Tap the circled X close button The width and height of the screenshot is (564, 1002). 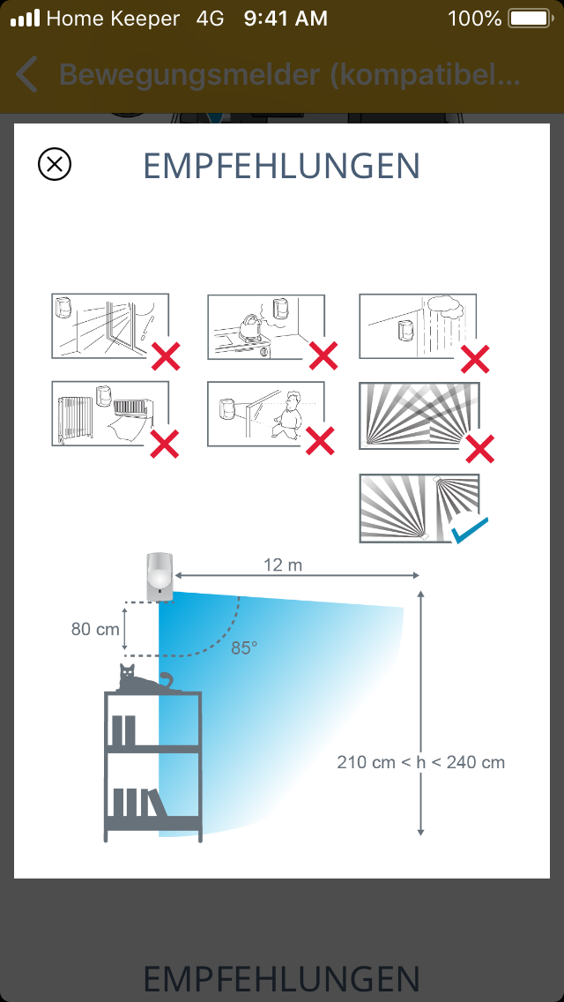coord(55,164)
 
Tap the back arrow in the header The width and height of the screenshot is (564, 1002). coord(26,74)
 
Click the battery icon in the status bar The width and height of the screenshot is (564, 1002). coord(531,18)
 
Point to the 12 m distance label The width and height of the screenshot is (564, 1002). coord(282,565)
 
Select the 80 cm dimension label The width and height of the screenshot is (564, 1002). coord(95,629)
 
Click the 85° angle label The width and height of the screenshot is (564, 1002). coord(244,648)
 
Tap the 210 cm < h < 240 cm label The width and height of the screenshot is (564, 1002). coord(421,762)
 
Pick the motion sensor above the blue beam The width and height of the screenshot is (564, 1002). coord(160,576)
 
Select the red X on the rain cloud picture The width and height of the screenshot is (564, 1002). coord(475,358)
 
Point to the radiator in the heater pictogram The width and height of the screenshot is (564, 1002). coord(76,419)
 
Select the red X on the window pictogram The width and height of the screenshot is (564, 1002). coord(166,356)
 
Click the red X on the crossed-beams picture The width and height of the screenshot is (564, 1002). coord(479,448)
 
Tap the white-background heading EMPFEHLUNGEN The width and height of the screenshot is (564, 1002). coord(282,166)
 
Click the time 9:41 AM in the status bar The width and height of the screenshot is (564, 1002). coord(286,19)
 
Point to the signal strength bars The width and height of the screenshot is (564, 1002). coord(26,18)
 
